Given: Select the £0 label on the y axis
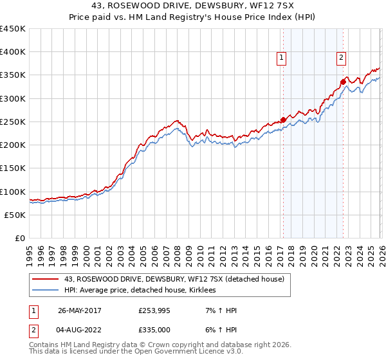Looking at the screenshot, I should click(19, 239).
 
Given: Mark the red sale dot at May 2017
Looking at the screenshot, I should click(283, 120).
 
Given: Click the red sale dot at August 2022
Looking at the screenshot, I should click(343, 82).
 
